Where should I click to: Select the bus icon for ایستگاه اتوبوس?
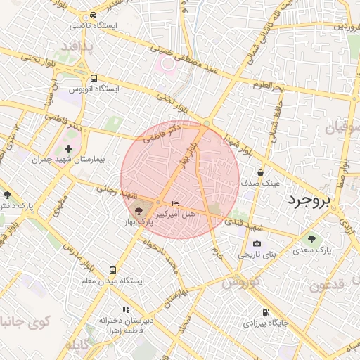[94, 79]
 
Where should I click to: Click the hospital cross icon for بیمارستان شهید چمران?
[68, 148]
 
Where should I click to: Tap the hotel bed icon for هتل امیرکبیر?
[176, 204]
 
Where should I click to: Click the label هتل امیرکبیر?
[170, 213]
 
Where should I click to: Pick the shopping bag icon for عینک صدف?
[261, 172]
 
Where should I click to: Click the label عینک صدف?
[261, 182]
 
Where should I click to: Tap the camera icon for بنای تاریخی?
[257, 244]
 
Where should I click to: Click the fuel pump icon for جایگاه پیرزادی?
[266, 312]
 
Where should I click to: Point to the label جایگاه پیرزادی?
[266, 323]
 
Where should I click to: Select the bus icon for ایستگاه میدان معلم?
[113, 270]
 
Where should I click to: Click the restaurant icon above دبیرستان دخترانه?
[126, 309]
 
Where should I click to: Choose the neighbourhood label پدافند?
[76, 46]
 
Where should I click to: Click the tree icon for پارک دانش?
[7, 195]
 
